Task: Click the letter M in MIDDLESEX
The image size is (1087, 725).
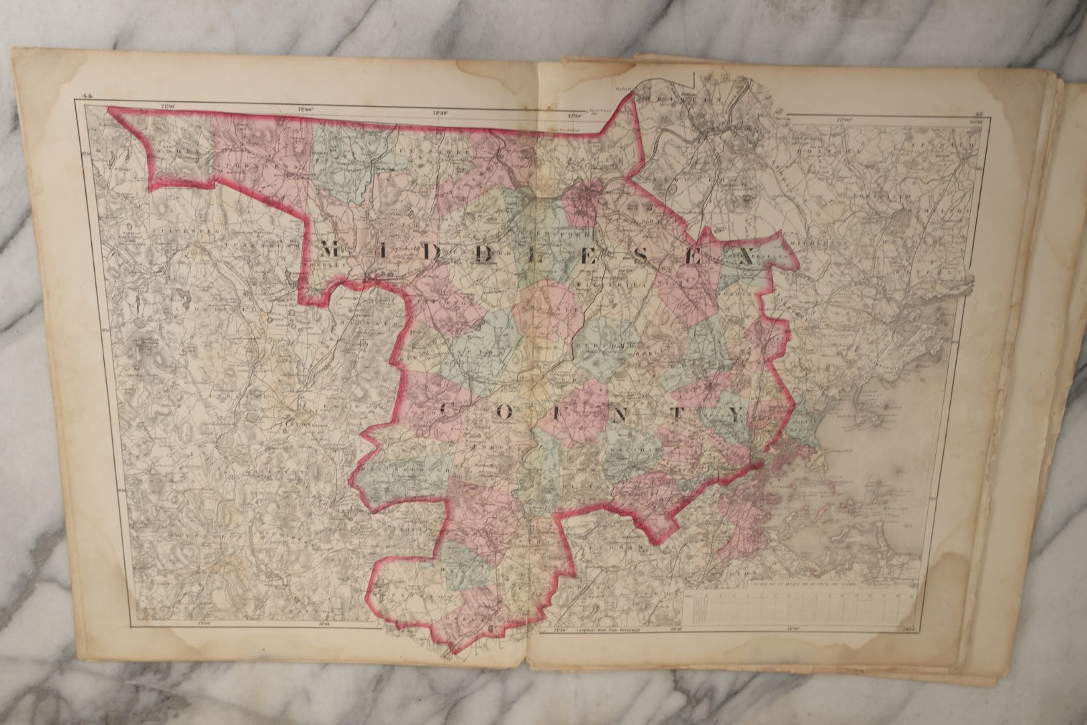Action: (x=330, y=250)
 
